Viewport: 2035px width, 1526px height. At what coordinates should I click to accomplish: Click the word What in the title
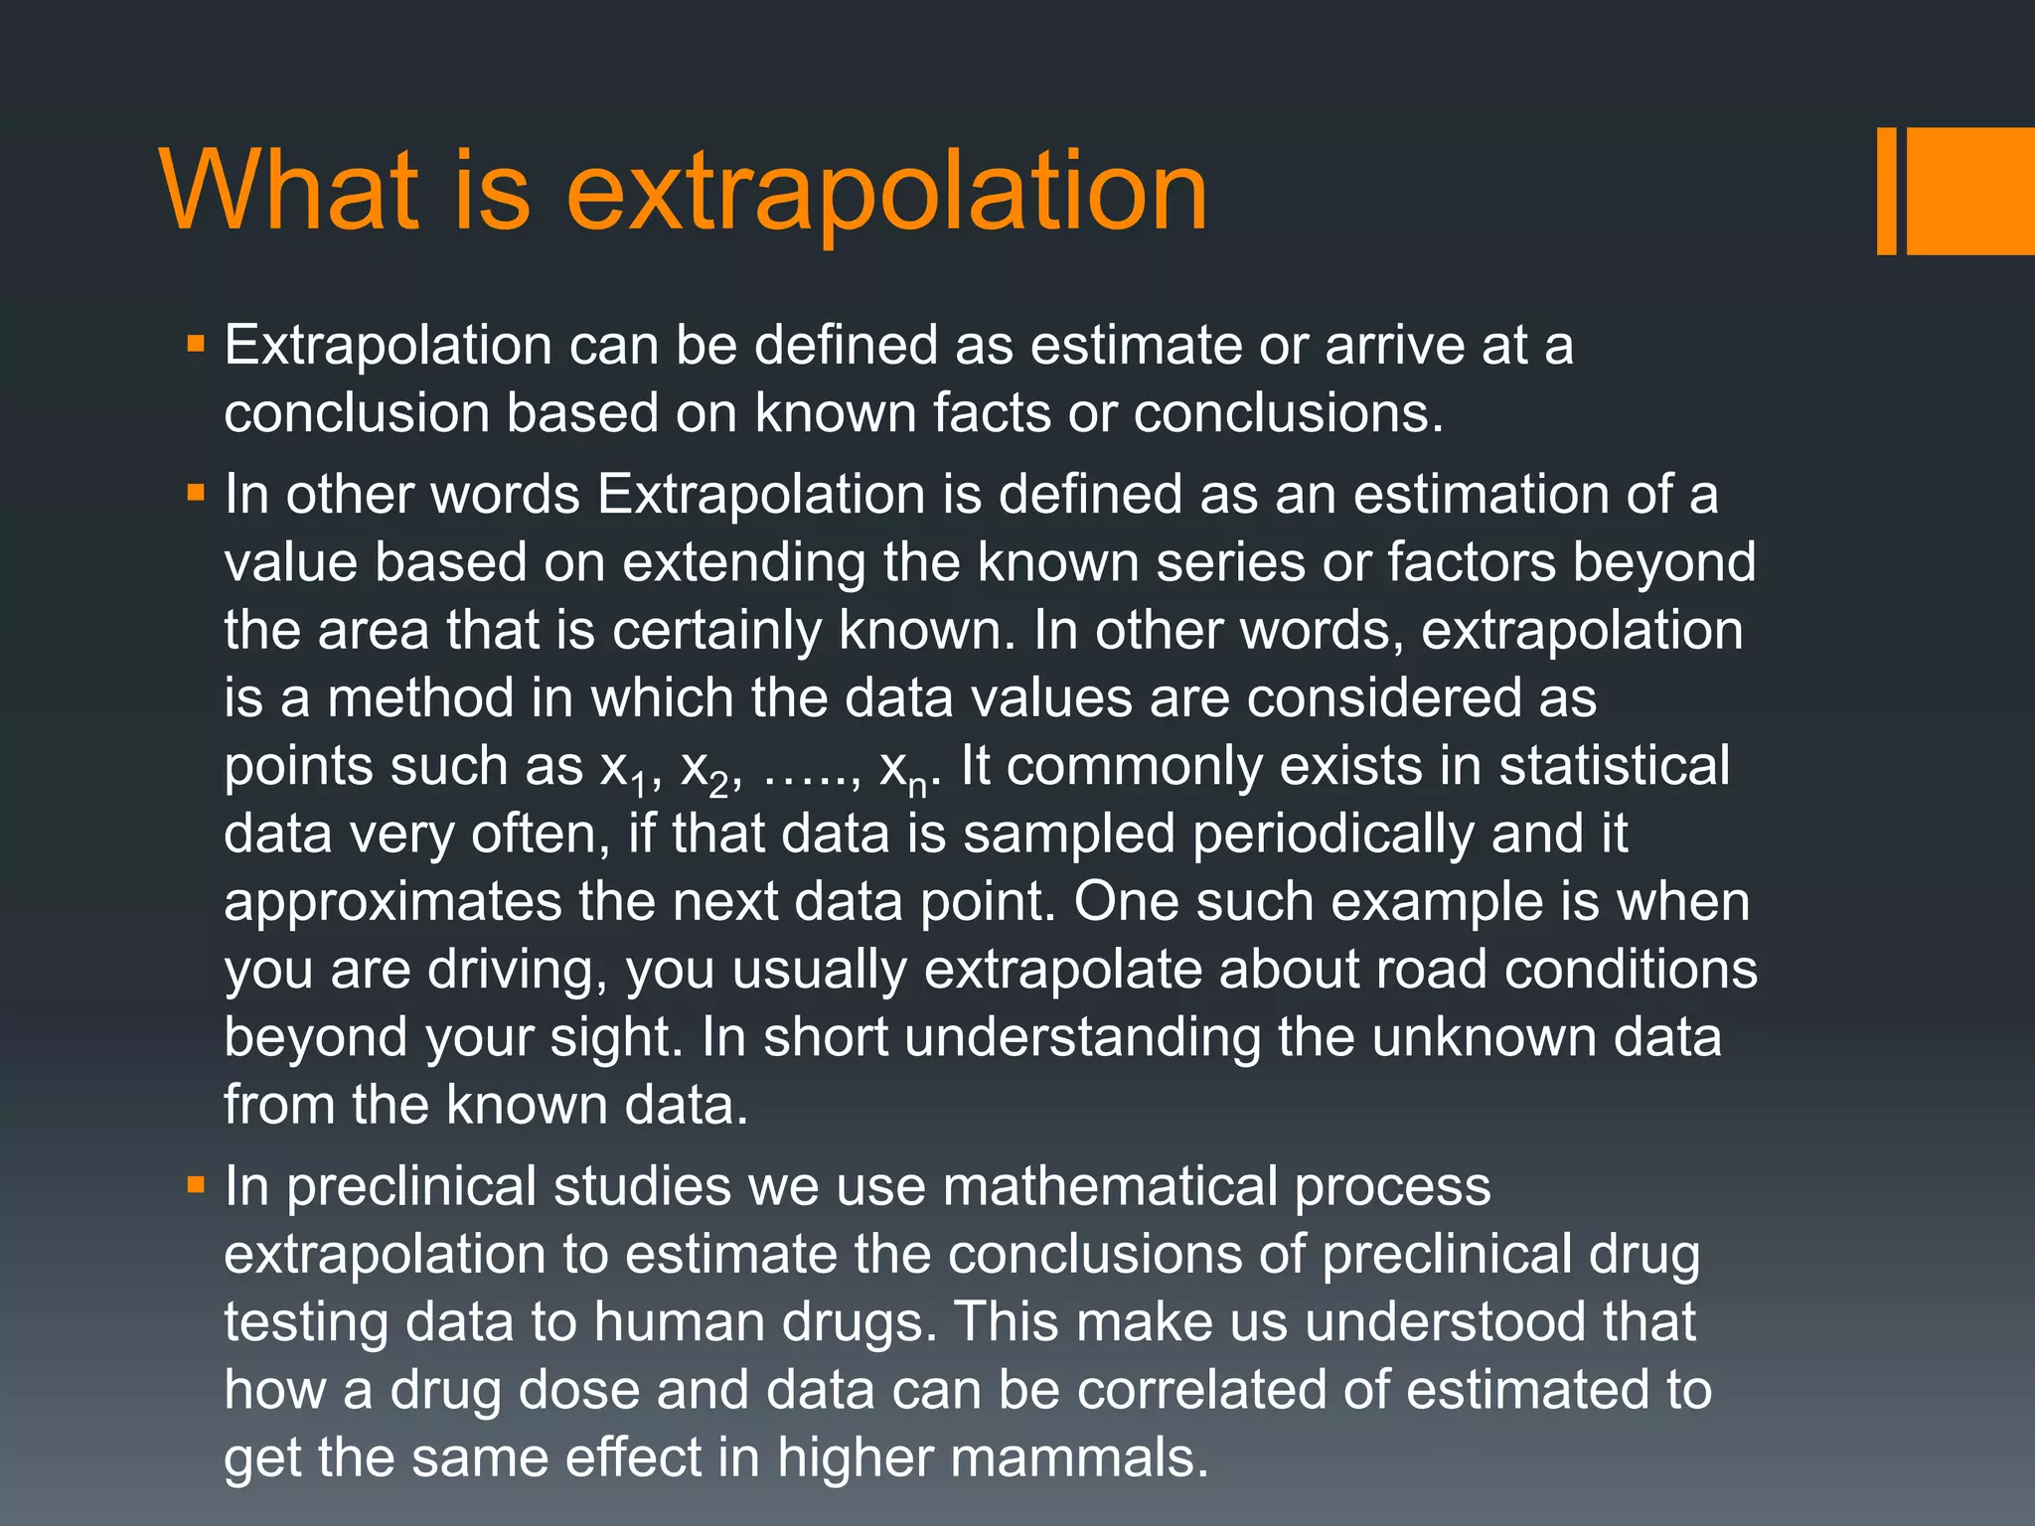pos(288,190)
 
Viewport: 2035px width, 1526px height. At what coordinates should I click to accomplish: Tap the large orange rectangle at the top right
pos(1970,191)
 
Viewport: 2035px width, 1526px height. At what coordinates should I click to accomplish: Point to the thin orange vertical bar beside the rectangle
pos(1886,191)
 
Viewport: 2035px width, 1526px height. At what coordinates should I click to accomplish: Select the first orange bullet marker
pos(196,346)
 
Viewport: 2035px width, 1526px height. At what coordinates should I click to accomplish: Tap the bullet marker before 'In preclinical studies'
pos(196,1185)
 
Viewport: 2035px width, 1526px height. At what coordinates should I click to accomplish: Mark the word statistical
pos(1614,766)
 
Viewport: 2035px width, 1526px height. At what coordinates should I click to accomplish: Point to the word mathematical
pos(1110,1186)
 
